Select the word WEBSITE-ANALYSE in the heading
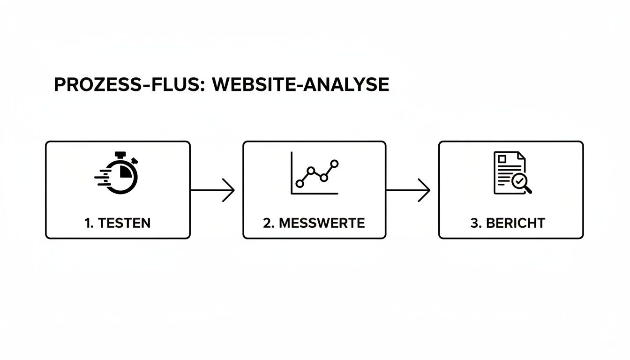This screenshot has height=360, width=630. pos(300,85)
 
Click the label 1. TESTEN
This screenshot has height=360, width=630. pos(118,223)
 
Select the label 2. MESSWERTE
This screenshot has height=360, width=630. pos(314,223)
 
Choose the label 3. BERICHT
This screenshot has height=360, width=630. pos(508,223)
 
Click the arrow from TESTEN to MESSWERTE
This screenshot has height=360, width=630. pos(212,190)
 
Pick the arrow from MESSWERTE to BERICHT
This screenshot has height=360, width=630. pos(408,190)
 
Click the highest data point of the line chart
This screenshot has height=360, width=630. pos(334,163)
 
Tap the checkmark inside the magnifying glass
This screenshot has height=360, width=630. pos(519,180)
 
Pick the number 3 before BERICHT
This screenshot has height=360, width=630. pos(474,223)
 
